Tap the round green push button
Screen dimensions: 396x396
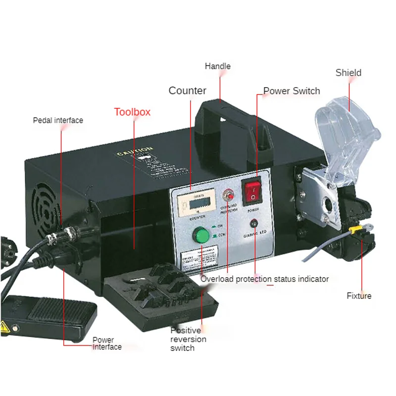pos(201,234)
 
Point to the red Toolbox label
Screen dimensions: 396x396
pos(132,112)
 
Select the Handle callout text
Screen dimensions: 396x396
pos(218,66)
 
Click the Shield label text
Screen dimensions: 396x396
pos(348,73)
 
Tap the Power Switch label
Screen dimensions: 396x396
pos(292,91)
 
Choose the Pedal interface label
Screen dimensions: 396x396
pos(58,120)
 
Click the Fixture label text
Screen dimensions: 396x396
pos(359,296)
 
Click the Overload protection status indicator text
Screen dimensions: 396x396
pos(264,279)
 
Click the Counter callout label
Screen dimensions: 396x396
pos(188,91)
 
